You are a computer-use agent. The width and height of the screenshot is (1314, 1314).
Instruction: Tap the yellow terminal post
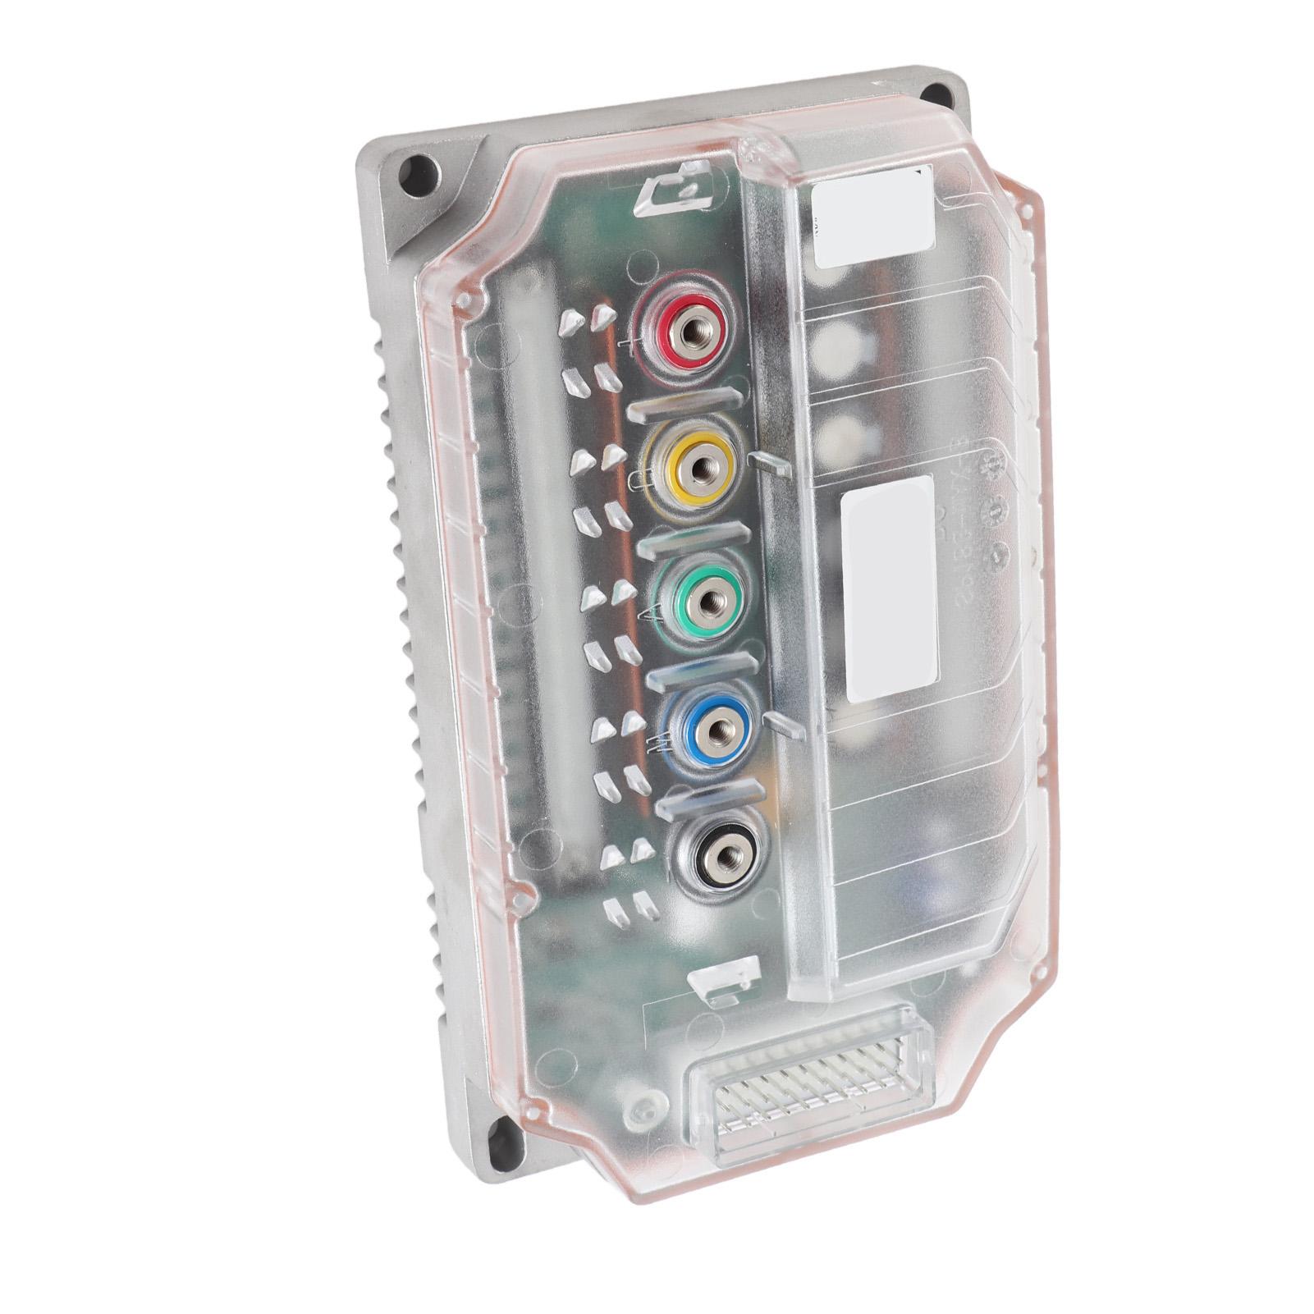tap(700, 466)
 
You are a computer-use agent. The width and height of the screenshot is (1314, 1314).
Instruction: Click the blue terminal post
tap(716, 728)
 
